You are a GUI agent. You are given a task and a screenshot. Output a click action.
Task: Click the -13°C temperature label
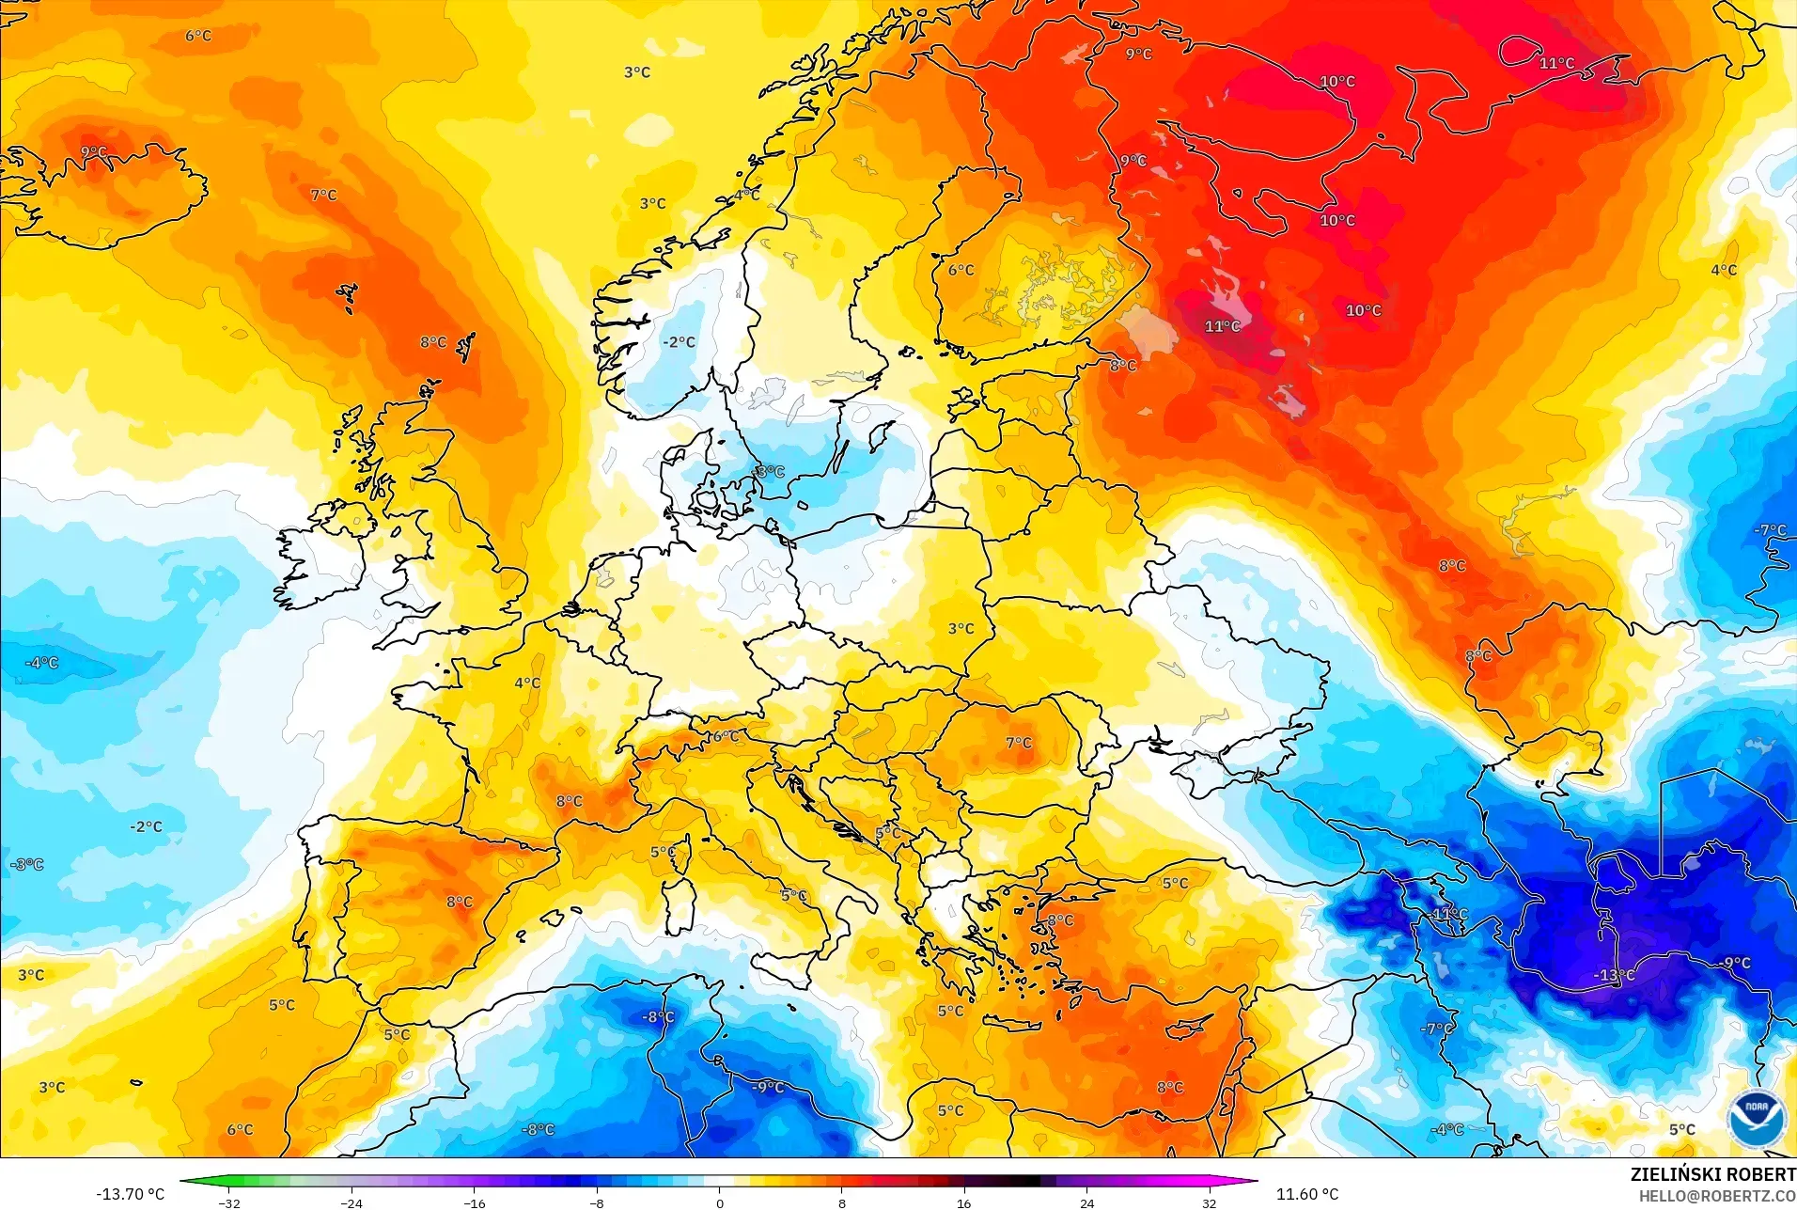point(1614,975)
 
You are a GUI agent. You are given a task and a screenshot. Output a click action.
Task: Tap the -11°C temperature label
point(1449,914)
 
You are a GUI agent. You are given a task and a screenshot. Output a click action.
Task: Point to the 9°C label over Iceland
point(94,152)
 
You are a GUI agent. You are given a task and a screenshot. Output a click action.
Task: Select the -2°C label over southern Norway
point(679,342)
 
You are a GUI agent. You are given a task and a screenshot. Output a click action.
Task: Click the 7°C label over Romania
point(1019,743)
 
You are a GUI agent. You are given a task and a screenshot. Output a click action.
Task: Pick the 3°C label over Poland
point(961,629)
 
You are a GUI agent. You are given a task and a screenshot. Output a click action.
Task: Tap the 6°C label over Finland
point(961,270)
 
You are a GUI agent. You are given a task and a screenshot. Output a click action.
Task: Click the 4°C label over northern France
point(527,683)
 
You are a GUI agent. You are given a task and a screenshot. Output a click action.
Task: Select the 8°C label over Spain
point(460,902)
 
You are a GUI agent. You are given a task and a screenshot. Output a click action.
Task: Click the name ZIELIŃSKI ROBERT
point(1712,1174)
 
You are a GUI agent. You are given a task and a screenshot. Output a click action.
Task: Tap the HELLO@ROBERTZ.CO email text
point(1717,1197)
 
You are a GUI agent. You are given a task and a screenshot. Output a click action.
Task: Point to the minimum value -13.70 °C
point(130,1194)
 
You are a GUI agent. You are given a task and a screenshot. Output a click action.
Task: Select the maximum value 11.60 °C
point(1306,1194)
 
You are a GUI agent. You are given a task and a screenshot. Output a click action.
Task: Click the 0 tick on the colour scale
point(720,1202)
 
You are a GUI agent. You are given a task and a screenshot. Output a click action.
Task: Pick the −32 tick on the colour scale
point(229,1202)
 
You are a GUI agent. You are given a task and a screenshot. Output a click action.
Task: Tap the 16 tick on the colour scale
point(963,1202)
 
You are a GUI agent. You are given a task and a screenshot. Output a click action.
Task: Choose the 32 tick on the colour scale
point(1209,1202)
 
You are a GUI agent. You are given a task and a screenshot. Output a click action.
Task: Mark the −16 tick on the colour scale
point(475,1202)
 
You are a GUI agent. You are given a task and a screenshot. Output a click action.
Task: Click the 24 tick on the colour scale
point(1086,1202)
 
